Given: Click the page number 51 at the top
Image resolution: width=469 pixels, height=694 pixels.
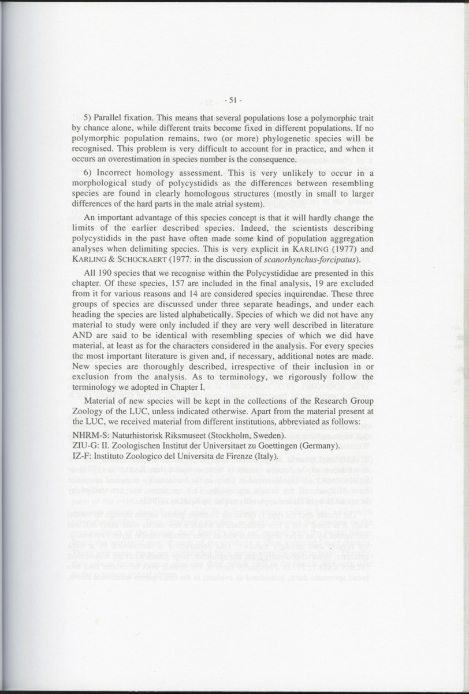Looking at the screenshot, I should [x=234, y=100].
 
